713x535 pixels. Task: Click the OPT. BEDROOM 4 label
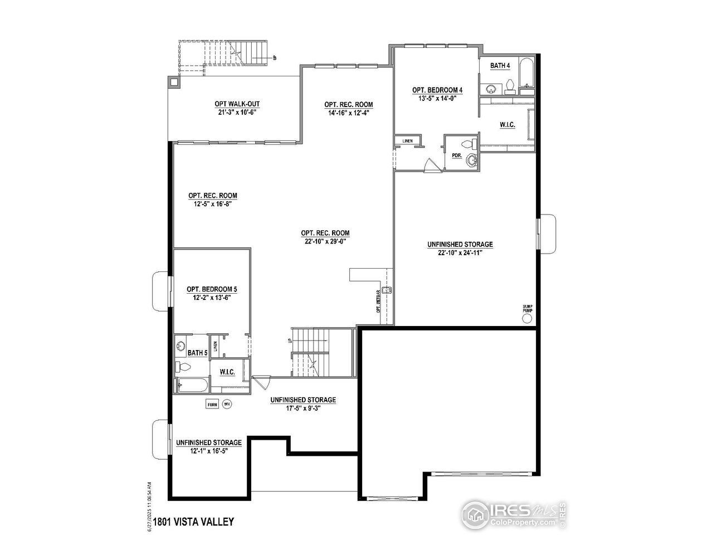pyautogui.click(x=437, y=90)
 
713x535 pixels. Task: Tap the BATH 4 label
pyautogui.click(x=500, y=66)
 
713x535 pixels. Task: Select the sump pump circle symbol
pyautogui.click(x=528, y=318)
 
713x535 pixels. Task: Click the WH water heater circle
pyautogui.click(x=227, y=405)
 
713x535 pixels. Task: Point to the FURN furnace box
pyautogui.click(x=212, y=405)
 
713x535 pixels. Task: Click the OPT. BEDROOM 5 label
pyautogui.click(x=212, y=289)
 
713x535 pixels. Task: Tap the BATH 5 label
pyautogui.click(x=197, y=353)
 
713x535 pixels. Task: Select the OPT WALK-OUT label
pyautogui.click(x=237, y=104)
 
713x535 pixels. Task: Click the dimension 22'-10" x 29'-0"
pyautogui.click(x=325, y=241)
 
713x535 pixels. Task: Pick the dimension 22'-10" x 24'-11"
pyautogui.click(x=460, y=252)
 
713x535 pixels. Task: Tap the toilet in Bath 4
pyautogui.click(x=510, y=86)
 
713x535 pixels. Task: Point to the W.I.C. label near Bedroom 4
pyautogui.click(x=507, y=125)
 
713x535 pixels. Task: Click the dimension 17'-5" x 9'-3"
pyautogui.click(x=302, y=408)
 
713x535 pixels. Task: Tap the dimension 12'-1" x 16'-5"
pyautogui.click(x=208, y=450)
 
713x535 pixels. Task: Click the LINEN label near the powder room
pyautogui.click(x=407, y=141)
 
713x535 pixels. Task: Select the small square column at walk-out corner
pyautogui.click(x=174, y=82)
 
